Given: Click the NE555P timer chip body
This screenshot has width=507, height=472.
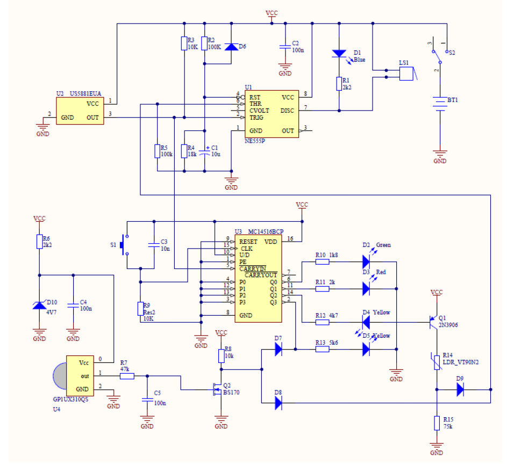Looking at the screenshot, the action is click(272, 114).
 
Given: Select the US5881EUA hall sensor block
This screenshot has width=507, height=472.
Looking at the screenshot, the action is click(80, 111).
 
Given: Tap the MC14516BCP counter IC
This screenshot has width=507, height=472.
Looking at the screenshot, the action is click(258, 279).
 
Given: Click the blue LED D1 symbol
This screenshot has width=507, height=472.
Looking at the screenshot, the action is click(339, 54).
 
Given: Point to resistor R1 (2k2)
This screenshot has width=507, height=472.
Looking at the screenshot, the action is click(339, 84).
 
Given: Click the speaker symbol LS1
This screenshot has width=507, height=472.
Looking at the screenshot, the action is click(408, 74).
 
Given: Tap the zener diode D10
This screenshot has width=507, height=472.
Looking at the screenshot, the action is click(39, 305).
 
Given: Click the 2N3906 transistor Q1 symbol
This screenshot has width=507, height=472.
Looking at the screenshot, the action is click(433, 322).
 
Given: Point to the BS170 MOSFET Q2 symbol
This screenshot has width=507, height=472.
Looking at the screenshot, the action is click(217, 389).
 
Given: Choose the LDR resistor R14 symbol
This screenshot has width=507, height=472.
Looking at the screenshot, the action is click(437, 362).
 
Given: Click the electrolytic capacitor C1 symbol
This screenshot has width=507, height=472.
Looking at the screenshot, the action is click(204, 152).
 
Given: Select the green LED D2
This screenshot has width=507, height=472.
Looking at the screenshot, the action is click(366, 262).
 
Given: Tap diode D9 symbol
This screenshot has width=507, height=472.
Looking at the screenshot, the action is click(460, 389).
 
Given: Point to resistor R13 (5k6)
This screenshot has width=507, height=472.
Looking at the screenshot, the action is click(323, 349).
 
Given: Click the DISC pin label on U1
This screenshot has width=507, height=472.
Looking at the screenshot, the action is click(287, 111).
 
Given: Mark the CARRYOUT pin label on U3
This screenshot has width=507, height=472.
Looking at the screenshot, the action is click(261, 275).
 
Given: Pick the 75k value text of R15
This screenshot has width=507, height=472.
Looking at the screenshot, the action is click(448, 426).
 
